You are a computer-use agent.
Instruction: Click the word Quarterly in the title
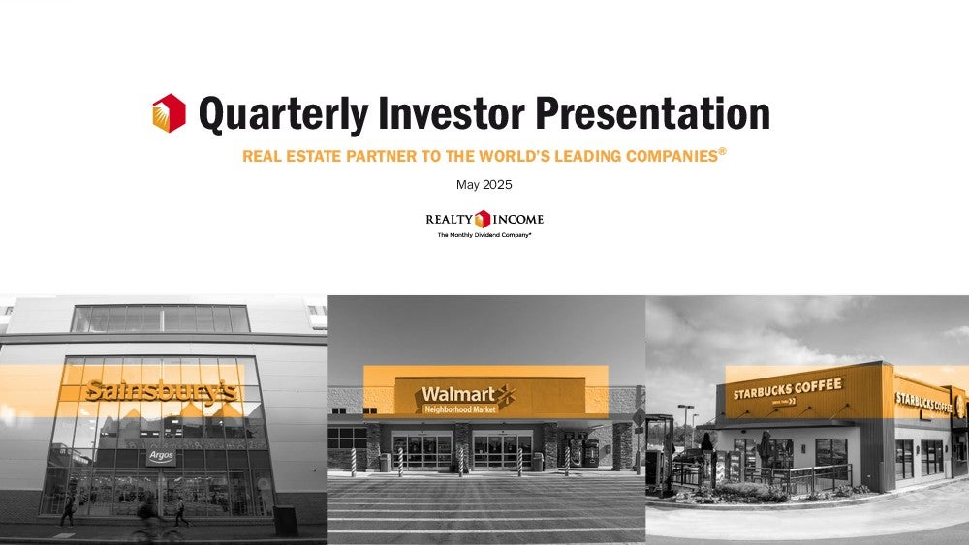(x=283, y=114)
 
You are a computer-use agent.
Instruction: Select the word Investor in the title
(x=452, y=113)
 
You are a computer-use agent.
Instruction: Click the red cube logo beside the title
(x=169, y=113)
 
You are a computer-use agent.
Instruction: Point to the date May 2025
(x=484, y=185)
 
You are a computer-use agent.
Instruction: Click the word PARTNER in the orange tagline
(x=381, y=156)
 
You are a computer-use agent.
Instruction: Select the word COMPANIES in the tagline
(x=672, y=156)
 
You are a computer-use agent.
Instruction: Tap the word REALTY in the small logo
(x=450, y=219)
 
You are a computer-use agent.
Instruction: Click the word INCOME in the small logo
(x=517, y=219)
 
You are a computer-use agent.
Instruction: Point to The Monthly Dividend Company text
(x=484, y=235)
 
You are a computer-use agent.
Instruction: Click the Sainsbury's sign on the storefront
(x=160, y=391)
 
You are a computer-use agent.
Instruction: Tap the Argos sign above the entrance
(x=161, y=457)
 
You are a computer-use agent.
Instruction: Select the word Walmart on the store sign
(x=458, y=394)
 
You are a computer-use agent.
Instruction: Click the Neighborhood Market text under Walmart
(x=460, y=409)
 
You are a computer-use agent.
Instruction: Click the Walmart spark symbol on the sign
(x=506, y=395)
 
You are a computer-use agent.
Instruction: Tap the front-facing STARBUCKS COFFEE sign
(x=787, y=389)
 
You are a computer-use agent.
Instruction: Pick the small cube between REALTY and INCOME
(x=483, y=219)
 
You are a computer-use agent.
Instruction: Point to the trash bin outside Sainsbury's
(x=286, y=521)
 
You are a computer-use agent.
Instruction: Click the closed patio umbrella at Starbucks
(x=766, y=449)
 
